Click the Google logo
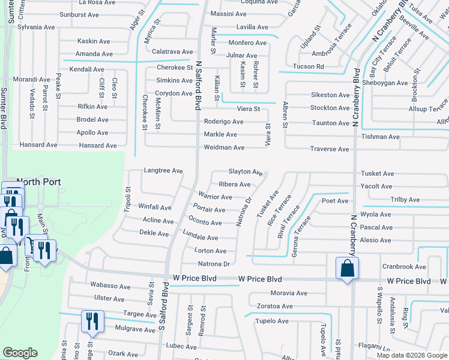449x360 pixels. tap(20, 353)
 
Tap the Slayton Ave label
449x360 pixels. tap(246, 172)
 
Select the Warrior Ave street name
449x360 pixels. tap(215, 197)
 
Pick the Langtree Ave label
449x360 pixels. tap(163, 171)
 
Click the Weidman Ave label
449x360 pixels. tap(224, 148)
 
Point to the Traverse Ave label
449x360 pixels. tap(329, 149)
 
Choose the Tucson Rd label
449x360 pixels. tap(309, 67)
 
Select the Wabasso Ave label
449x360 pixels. tap(110, 286)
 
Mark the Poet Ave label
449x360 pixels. tap(335, 201)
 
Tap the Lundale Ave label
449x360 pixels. tap(200, 236)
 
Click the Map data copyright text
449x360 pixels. tap(412, 355)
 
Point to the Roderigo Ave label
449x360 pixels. tap(223, 121)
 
